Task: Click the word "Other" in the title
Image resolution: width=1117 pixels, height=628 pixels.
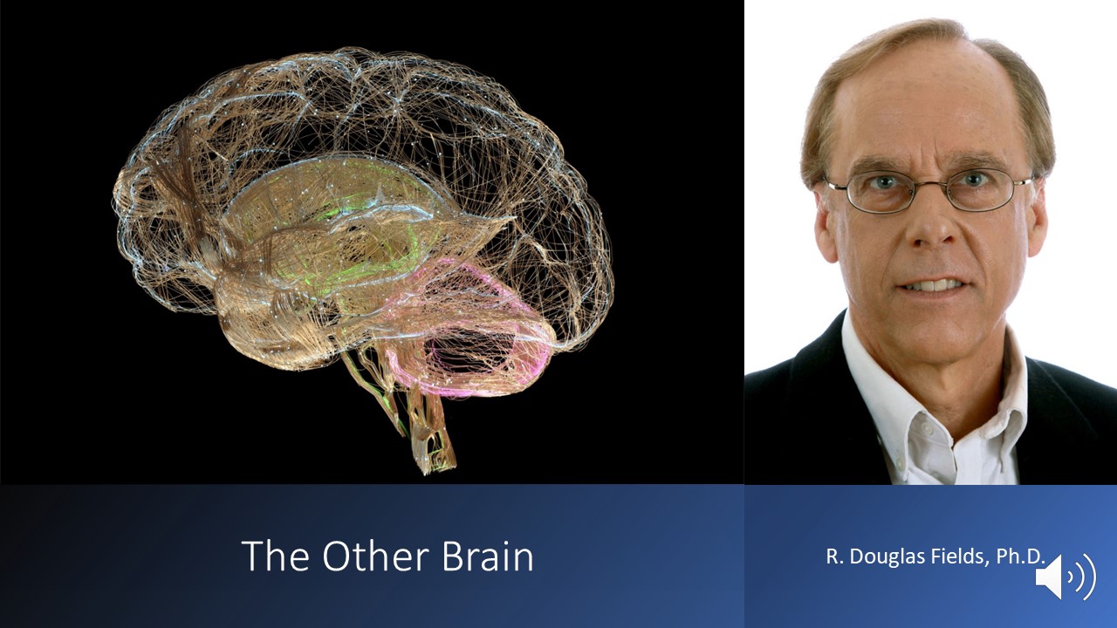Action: click(375, 556)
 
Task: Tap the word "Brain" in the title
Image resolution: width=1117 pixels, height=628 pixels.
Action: click(488, 556)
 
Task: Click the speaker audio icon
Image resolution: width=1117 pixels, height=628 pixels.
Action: click(1066, 577)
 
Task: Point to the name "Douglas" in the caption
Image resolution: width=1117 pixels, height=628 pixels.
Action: click(884, 556)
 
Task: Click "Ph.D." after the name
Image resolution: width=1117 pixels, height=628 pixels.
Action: click(1020, 556)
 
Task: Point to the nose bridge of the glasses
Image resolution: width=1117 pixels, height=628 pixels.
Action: click(931, 183)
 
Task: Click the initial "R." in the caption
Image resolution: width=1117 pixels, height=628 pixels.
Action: click(833, 556)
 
